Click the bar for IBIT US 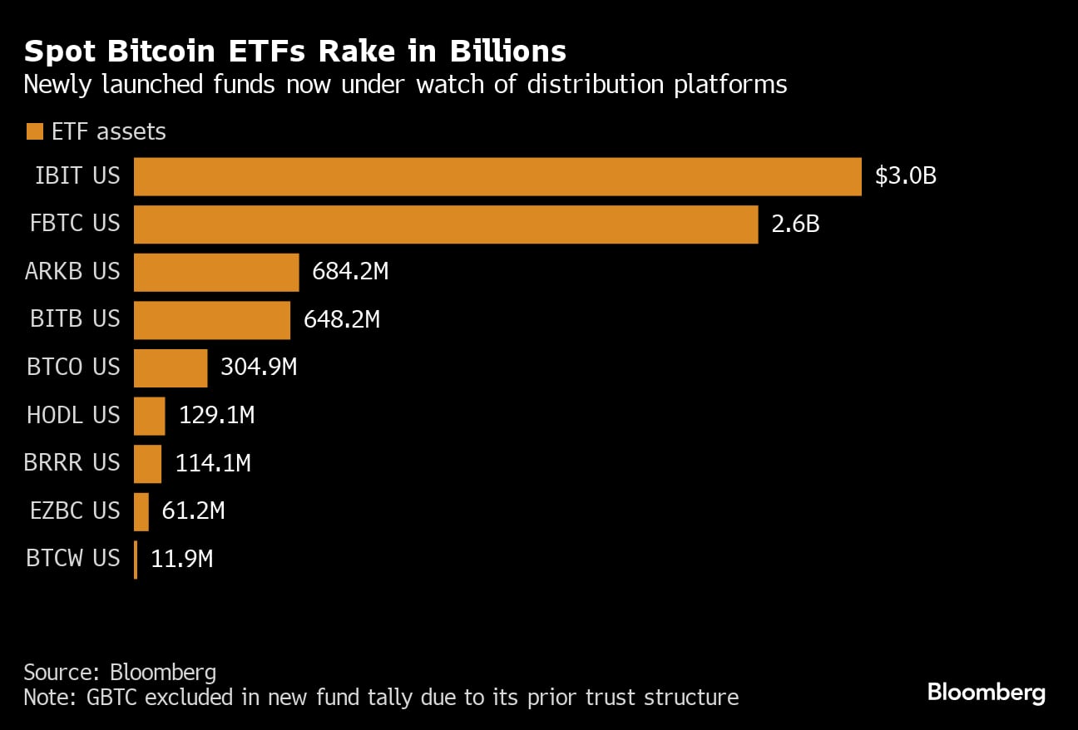tap(497, 176)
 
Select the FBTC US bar tap(446, 224)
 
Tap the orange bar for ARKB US tap(216, 272)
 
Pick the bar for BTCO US tap(171, 367)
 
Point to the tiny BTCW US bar tap(136, 560)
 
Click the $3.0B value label tap(905, 176)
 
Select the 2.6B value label tap(795, 224)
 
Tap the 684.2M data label tap(350, 272)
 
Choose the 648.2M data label tap(342, 320)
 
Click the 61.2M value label tap(193, 511)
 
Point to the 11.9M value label tap(181, 560)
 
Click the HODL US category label tap(73, 416)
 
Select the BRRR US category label tap(72, 463)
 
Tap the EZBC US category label tap(75, 511)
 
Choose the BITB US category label tap(75, 320)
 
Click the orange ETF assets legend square tap(34, 131)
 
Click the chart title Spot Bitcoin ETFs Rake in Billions tap(294, 52)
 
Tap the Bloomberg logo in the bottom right tap(986, 693)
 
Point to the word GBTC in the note tap(114, 697)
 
